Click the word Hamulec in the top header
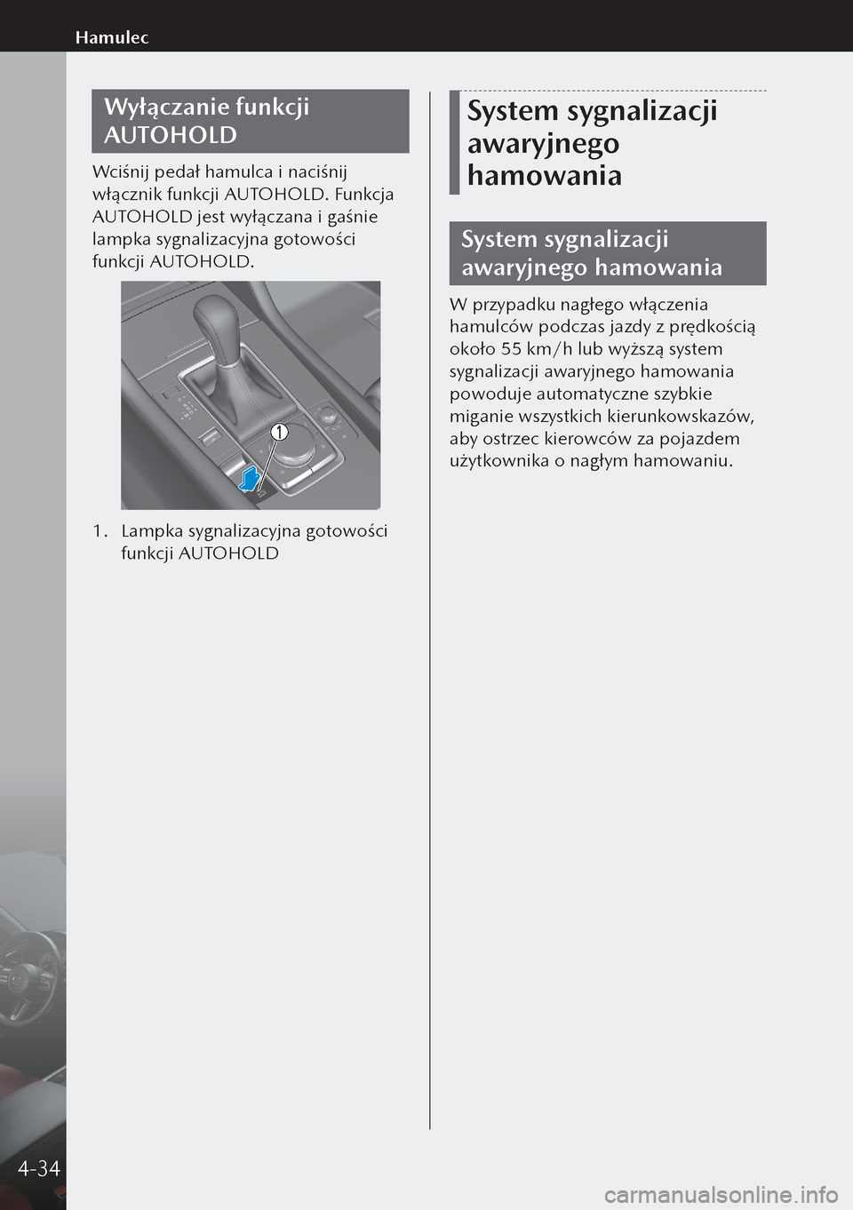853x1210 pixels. (112, 37)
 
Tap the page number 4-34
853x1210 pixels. (38, 1168)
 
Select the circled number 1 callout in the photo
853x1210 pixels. (279, 432)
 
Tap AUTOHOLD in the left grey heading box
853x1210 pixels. (171, 135)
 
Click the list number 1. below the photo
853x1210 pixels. (100, 531)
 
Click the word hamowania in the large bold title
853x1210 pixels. (544, 175)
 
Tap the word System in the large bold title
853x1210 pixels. (513, 111)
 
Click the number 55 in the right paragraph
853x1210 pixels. (511, 349)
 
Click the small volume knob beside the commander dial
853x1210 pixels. (328, 415)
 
